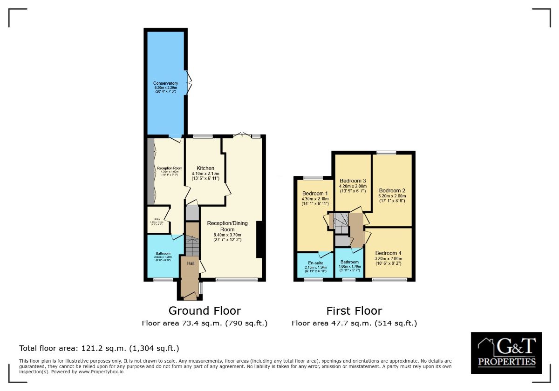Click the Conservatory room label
pos(166,83)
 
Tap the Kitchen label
pos(205,168)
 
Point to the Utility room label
pos(154,219)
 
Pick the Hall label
pos(191,263)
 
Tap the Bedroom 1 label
pos(315,193)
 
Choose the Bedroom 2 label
pos(392,190)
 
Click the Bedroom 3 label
pos(353,181)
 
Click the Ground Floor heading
pos(205,310)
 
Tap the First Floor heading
pos(354,310)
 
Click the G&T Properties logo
pos(506,353)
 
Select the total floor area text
pos(99,348)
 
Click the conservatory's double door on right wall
pos(189,83)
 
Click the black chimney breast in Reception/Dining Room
pos(260,239)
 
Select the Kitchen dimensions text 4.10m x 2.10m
pos(205,174)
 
